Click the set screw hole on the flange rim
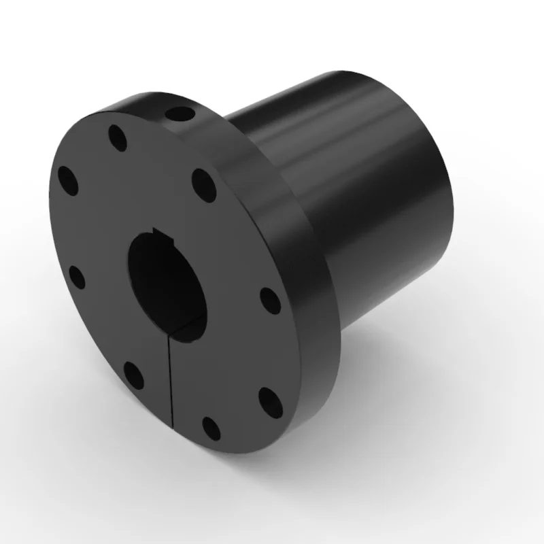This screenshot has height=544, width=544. coord(181,113)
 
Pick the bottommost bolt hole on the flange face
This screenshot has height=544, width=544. coord(211,427)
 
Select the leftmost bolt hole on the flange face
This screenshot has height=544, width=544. coord(68,182)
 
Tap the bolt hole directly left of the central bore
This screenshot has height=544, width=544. coord(77,277)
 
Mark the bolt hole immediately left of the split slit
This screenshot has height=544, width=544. coord(133,375)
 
